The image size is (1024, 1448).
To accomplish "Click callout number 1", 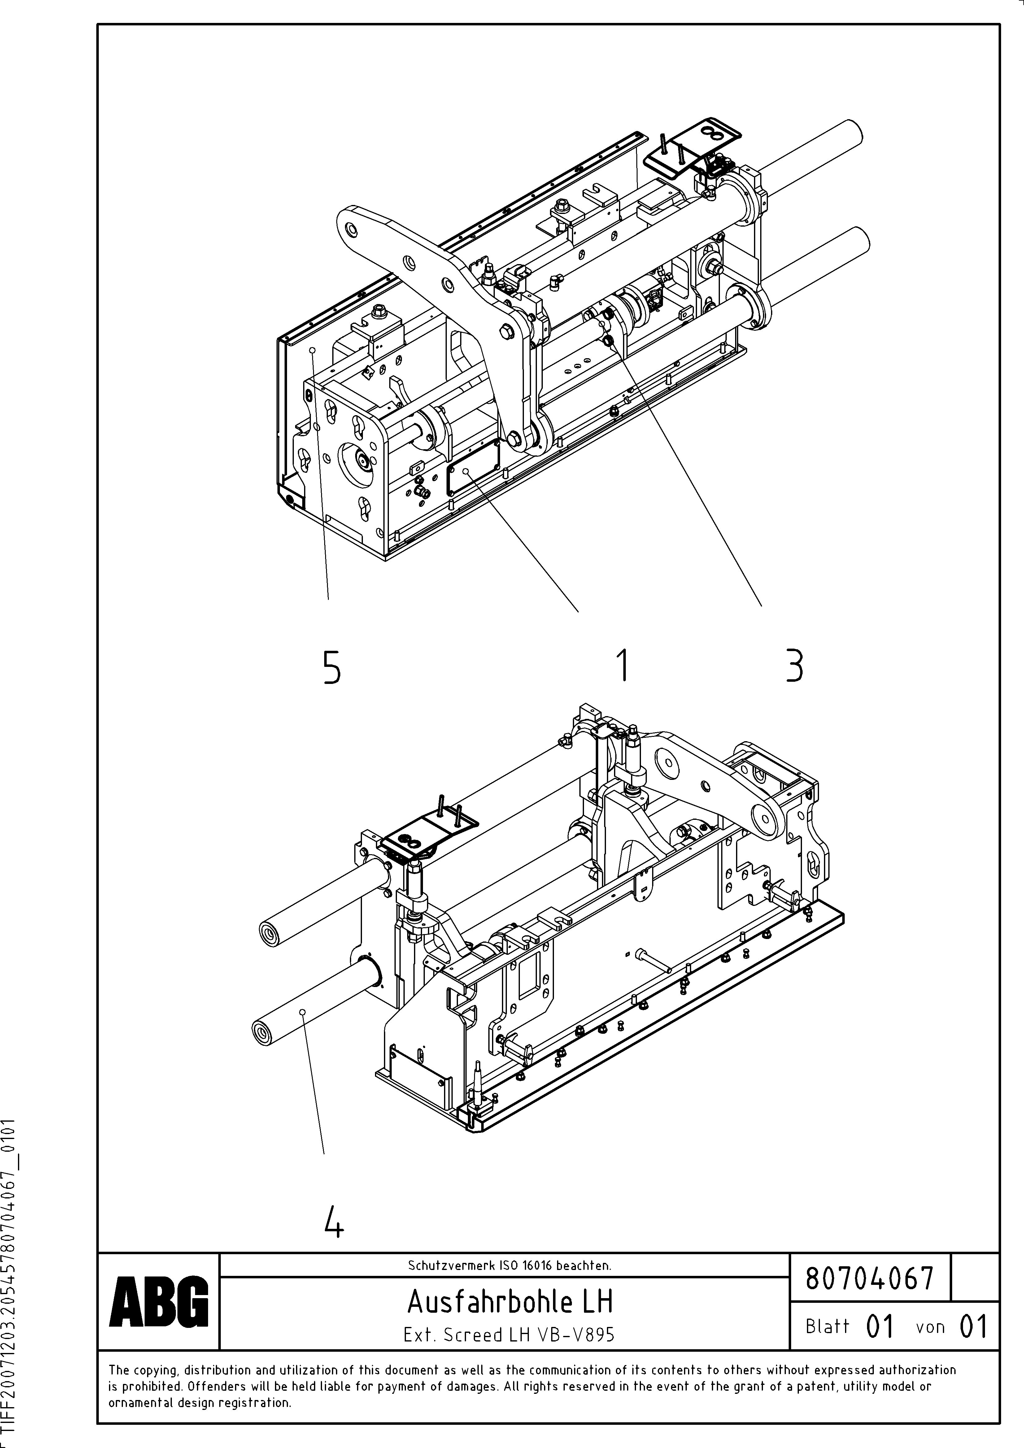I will (x=623, y=665).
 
